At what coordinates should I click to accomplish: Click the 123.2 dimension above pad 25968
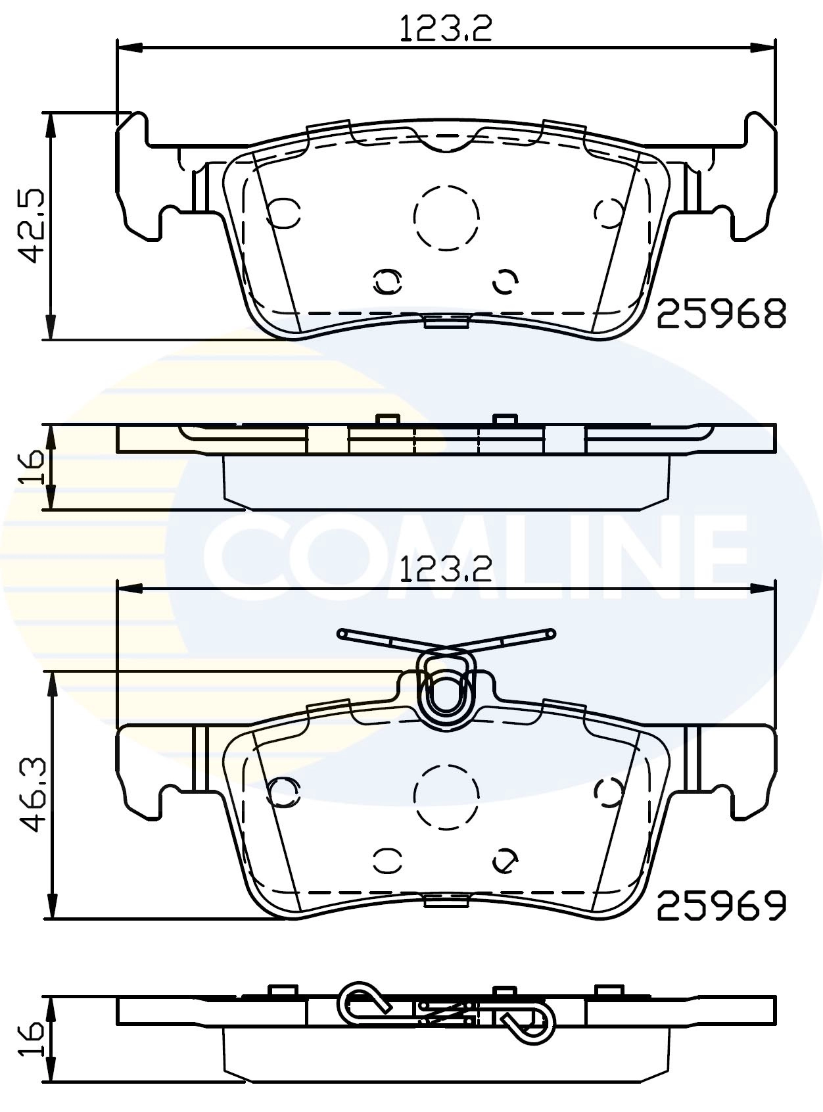446,29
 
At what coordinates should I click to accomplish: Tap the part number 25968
721,314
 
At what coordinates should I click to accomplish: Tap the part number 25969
721,906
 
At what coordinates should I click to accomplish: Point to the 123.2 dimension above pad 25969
446,569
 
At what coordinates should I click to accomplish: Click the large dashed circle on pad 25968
446,217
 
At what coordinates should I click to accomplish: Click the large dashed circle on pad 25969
446,796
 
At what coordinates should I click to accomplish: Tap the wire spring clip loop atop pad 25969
447,690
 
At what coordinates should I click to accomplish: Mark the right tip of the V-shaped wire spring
551,633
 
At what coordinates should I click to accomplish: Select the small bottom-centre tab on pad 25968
446,322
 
